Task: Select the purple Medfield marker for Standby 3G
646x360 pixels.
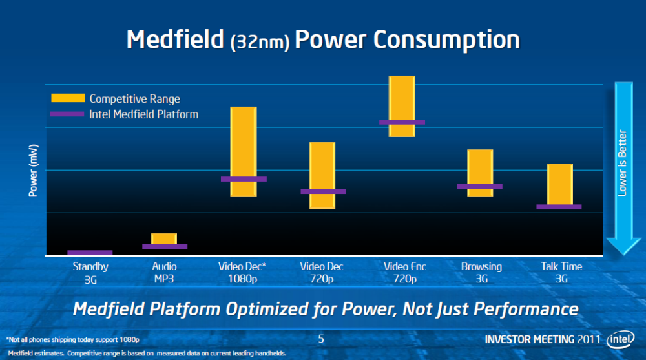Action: (90, 253)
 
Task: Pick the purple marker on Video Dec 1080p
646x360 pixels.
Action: (244, 179)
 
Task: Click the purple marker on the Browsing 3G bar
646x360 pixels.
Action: (480, 186)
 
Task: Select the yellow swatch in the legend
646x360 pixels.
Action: (68, 98)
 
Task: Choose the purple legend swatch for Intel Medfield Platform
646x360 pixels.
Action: (68, 114)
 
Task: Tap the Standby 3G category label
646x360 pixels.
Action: (90, 272)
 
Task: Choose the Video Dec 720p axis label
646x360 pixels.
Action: (322, 272)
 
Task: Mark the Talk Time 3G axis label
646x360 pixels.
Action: (561, 272)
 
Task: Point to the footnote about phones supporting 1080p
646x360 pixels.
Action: (72, 339)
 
